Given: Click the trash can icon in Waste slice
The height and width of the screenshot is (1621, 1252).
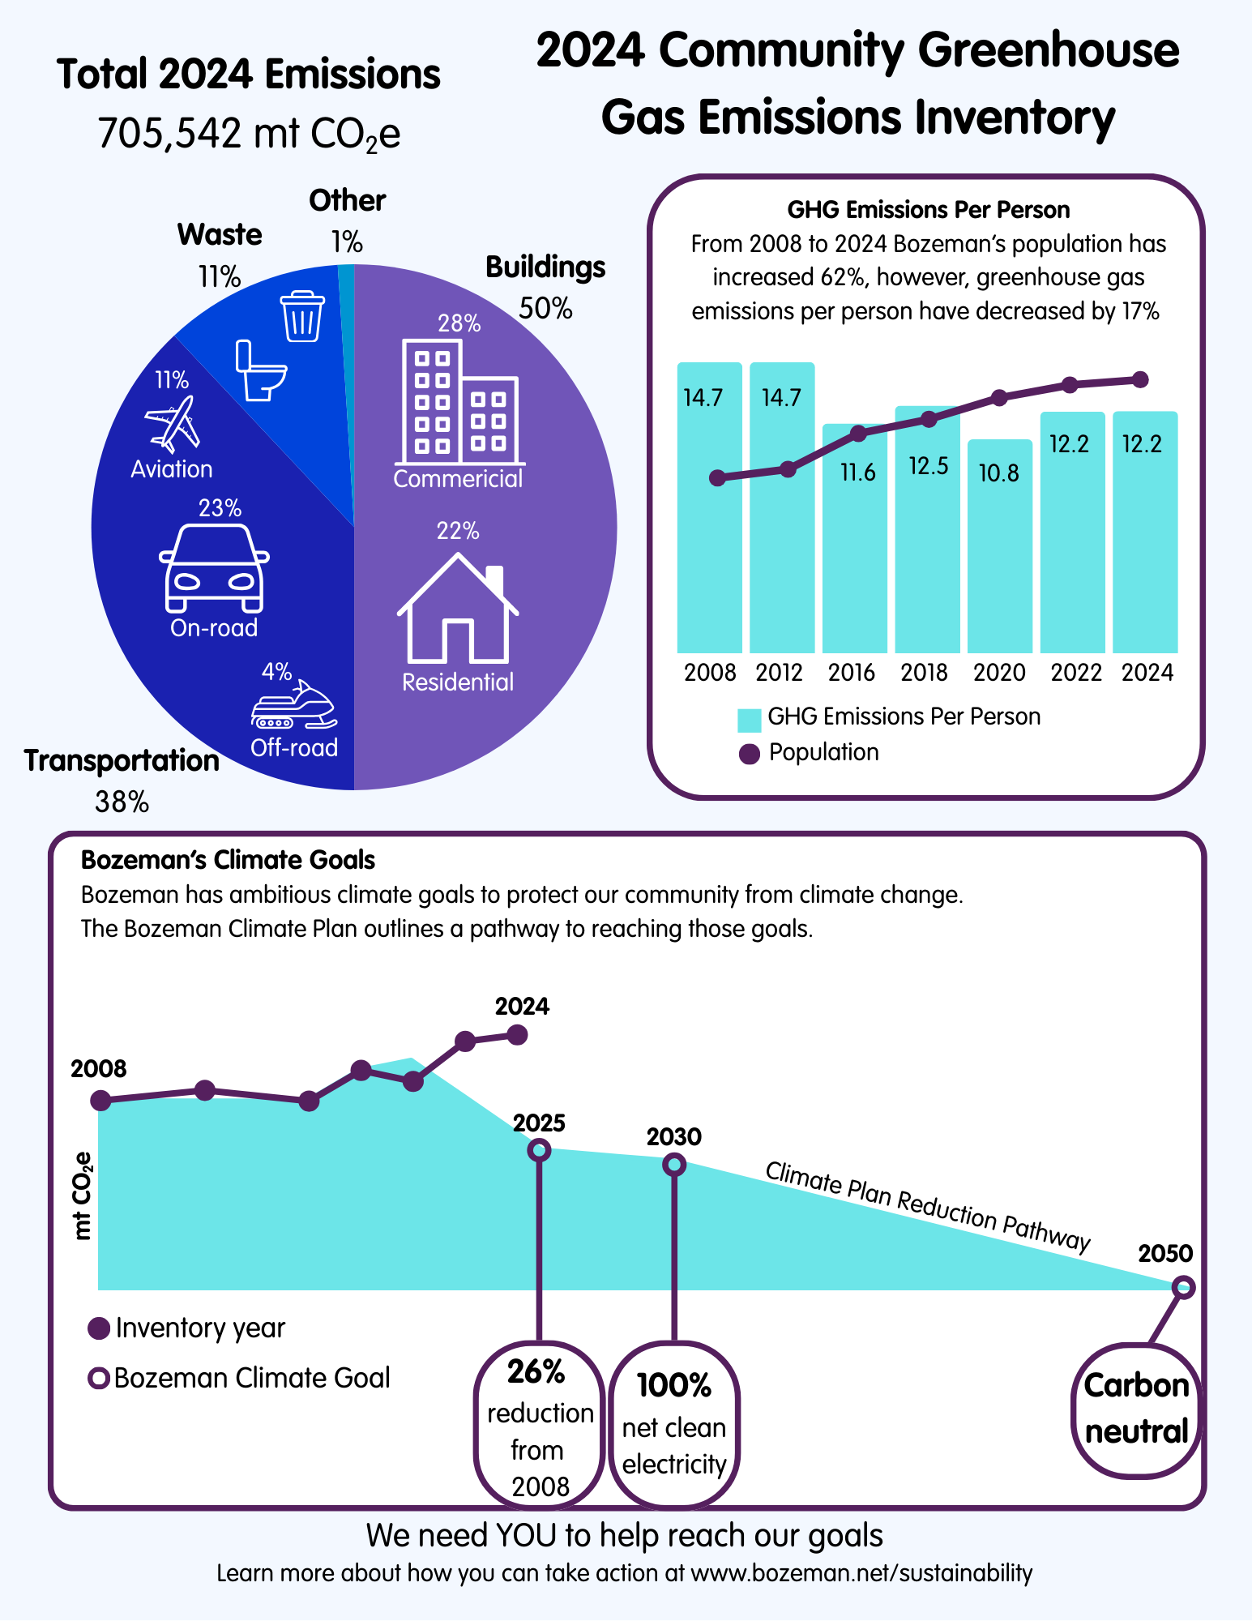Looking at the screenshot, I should [x=302, y=316].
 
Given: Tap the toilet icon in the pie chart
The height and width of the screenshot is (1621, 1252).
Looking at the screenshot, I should [x=260, y=371].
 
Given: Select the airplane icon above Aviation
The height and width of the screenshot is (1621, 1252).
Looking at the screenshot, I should [x=172, y=423].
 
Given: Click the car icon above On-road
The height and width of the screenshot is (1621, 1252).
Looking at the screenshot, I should [x=214, y=568].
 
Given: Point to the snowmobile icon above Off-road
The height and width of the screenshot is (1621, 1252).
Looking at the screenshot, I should [x=294, y=707].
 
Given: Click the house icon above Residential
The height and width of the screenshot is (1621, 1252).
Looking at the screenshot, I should [x=458, y=609].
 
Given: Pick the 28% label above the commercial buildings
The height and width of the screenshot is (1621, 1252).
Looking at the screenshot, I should [x=459, y=324].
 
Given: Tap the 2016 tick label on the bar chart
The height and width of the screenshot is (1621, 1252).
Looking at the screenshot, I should [x=852, y=673].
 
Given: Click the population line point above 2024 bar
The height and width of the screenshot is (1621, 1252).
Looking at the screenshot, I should [x=1140, y=379].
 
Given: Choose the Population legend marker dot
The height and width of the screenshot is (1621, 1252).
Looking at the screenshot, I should [x=750, y=754].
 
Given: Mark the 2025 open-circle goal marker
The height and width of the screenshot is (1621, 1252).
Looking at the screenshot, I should [x=539, y=1150].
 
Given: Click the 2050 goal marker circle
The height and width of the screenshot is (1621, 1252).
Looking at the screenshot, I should [x=1183, y=1287].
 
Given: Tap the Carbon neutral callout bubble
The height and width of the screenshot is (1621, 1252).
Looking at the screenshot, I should [x=1136, y=1409].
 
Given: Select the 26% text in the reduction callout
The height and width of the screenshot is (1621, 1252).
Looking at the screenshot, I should [x=536, y=1371].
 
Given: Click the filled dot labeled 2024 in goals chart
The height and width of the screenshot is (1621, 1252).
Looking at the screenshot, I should [x=517, y=1035].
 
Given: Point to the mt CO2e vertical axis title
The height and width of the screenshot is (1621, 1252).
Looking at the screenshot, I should [x=83, y=1195].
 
